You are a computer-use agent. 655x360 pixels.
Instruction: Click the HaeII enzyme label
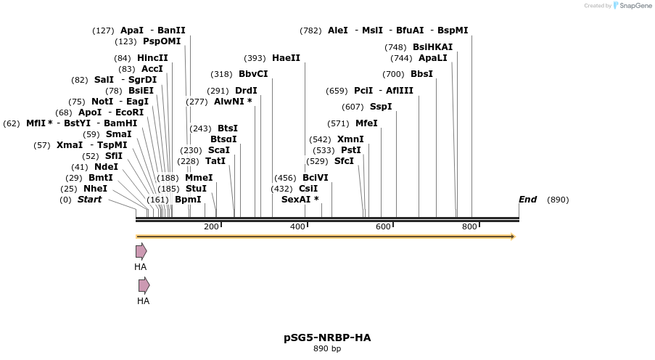pos(286,58)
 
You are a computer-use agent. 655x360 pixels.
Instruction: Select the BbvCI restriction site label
pos(253,74)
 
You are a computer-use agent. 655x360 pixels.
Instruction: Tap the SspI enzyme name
pos(381,107)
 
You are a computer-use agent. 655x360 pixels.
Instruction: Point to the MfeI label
pos(366,123)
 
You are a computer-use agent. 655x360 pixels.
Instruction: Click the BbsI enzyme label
pos(421,74)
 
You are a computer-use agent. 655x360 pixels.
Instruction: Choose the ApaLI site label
pos(433,58)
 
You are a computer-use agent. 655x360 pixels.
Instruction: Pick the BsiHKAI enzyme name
pos(432,47)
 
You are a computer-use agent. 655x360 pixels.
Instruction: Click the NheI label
pos(95,189)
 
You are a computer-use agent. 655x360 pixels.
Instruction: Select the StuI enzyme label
pos(196,189)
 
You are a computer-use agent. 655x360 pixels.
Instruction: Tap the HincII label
pos(152,58)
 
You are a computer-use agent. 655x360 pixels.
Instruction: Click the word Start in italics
pos(90,200)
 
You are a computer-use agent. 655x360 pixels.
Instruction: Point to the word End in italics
pos(527,200)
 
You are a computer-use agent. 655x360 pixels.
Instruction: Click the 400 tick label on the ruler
pos(297,227)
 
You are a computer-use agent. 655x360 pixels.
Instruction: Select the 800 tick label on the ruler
pos(469,227)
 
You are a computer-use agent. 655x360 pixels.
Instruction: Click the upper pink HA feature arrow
pos(141,251)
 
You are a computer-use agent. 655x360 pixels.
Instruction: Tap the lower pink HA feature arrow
pos(144,285)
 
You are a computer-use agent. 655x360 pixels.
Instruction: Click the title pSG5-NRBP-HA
pos(327,337)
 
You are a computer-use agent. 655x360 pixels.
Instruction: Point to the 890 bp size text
pos(327,349)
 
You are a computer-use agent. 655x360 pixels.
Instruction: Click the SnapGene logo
pos(630,6)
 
